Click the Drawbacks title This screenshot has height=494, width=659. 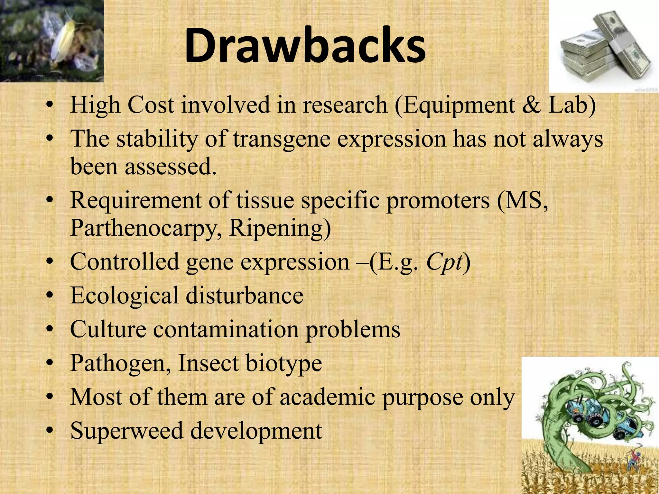305,46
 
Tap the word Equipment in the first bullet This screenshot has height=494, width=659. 459,105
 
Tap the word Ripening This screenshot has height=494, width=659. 280,228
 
